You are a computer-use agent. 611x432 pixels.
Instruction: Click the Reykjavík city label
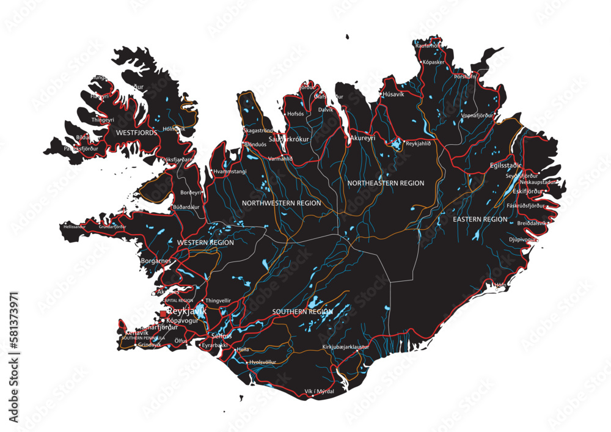click(x=186, y=311)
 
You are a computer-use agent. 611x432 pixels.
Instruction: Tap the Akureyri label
click(x=363, y=139)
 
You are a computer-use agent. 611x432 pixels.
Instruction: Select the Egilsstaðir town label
click(x=506, y=166)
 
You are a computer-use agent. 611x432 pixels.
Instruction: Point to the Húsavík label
click(x=393, y=95)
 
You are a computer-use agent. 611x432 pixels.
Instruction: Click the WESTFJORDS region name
click(x=136, y=132)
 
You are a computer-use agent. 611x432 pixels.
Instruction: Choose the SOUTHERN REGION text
click(x=302, y=312)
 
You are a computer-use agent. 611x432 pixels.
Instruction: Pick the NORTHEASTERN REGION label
click(x=386, y=183)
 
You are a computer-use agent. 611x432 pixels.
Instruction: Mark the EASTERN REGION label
click(x=480, y=219)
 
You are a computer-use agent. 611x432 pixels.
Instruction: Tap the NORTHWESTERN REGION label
click(x=281, y=202)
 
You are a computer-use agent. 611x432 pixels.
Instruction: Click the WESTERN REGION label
click(x=205, y=243)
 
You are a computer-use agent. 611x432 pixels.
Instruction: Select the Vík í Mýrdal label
click(x=319, y=391)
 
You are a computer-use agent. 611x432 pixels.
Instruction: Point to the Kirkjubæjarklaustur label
click(x=346, y=347)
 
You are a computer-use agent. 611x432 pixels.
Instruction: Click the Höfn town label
click(x=500, y=285)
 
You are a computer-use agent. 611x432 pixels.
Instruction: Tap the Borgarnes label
click(x=156, y=261)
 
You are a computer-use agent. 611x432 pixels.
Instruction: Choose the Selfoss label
click(x=221, y=336)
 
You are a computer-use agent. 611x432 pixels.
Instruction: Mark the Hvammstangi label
click(x=230, y=172)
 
